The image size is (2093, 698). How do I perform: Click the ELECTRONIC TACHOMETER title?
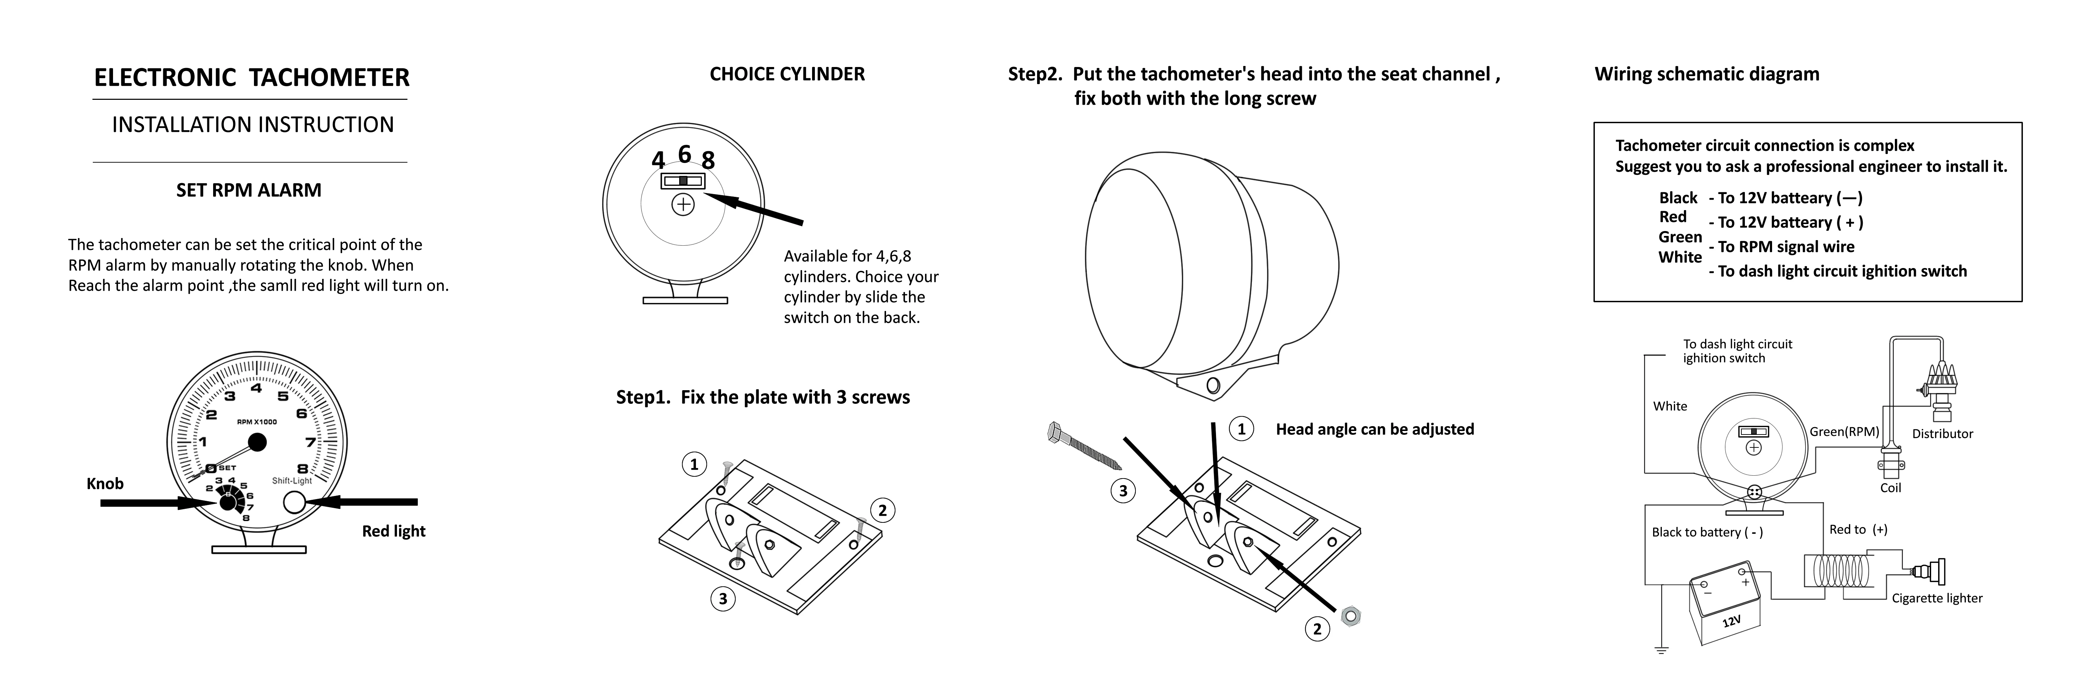(252, 78)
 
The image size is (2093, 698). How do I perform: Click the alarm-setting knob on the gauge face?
(227, 502)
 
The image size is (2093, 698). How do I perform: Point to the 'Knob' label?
(105, 483)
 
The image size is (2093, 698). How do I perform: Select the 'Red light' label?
(393, 530)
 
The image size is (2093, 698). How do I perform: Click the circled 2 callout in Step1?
(883, 510)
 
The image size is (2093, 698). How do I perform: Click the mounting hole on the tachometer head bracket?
(1213, 385)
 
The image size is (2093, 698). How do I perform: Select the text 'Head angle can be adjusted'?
(1375, 429)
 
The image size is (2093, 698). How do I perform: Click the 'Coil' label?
(1891, 488)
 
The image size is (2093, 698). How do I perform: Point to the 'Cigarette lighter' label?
(1937, 598)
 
